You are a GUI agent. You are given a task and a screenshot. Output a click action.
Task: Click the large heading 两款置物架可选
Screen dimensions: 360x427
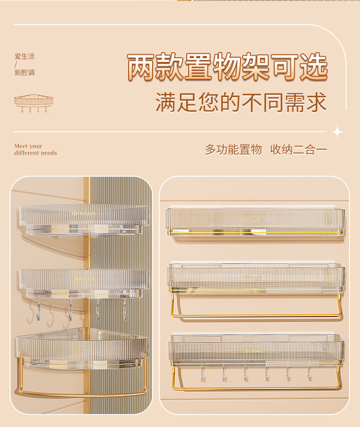[x=227, y=68]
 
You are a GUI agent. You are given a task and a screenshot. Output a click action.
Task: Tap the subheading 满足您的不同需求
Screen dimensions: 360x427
[x=241, y=102]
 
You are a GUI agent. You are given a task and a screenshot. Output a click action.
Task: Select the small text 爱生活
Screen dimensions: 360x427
[x=25, y=57]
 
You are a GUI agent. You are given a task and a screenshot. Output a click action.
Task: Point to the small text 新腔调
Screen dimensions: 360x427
[x=25, y=73]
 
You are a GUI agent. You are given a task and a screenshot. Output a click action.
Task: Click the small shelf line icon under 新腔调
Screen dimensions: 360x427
[x=34, y=103]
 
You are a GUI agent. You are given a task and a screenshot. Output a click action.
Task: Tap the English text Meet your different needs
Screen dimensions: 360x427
[x=35, y=149]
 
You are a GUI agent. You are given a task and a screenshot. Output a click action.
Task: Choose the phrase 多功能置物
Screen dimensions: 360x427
[x=233, y=149]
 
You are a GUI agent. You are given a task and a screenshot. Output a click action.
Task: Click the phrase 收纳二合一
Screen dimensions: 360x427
[x=298, y=149]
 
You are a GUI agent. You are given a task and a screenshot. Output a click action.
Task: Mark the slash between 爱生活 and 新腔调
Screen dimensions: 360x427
[x=17, y=65]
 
